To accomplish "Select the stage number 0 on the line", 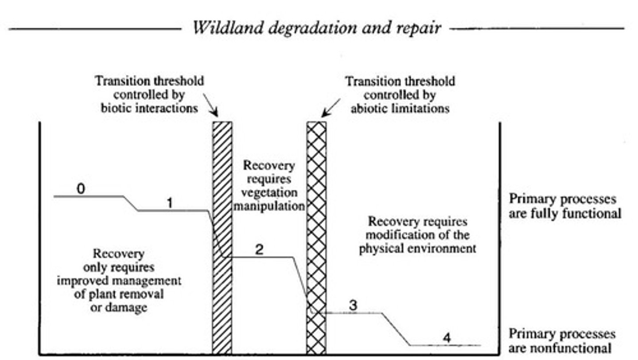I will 81,189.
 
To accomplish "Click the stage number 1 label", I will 169,203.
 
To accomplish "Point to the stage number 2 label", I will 259,250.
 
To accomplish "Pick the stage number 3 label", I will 353,305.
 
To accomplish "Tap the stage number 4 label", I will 446,338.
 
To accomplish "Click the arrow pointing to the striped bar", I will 210,104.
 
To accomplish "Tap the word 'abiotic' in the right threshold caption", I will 367,109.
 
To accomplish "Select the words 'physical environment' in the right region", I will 417,248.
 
